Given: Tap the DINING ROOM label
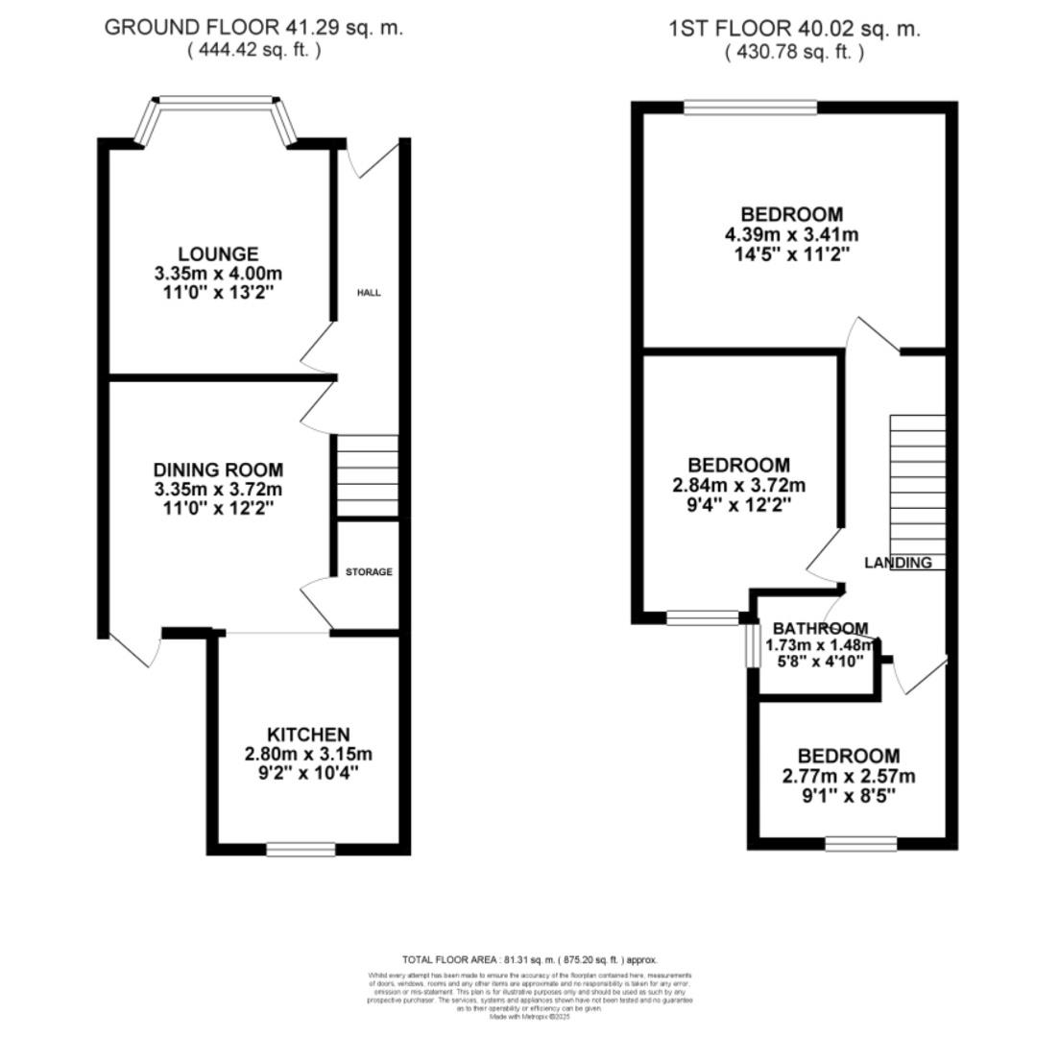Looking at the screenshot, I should pos(218,470).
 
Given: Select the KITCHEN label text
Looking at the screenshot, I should pos(307,734).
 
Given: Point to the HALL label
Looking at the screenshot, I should pos(369,292).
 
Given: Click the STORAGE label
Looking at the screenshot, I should pos(369,571).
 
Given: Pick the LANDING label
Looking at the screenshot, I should pos(898,563).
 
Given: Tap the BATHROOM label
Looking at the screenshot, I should pos(820,629).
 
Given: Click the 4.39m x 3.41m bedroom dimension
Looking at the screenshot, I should pos(792,234).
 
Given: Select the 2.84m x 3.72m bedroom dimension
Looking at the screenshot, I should pos(738,485).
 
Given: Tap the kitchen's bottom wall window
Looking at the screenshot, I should pos(301,849).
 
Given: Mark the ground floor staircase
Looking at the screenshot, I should pos(366,475).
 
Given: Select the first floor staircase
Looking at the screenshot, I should pos(917,490).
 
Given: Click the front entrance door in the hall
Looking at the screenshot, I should pos(377,159).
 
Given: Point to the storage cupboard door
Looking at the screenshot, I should pos(316,604).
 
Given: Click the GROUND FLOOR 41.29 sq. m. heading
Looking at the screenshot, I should pos(253,28).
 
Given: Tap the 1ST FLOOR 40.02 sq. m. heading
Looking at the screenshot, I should pos(794,29).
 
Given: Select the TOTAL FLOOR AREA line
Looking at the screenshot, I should pos(529,959).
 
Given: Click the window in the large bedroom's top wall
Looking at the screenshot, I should pos(750,108).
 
